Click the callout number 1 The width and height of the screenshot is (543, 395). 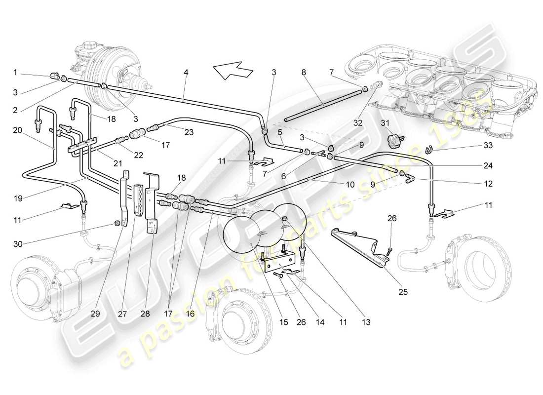point(15,72)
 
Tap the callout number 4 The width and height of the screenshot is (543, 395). point(186,72)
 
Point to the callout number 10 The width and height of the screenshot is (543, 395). point(350,185)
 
